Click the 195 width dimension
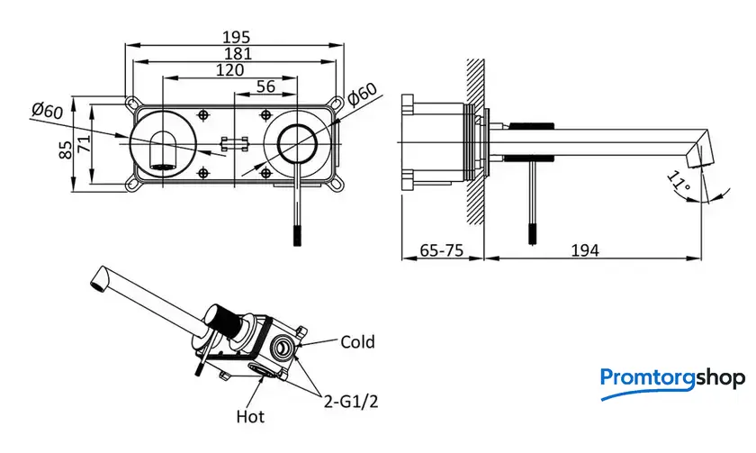pos(236,37)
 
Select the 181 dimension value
pos(238,53)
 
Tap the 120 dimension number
pos(229,70)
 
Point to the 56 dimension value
pos(265,86)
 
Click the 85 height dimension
pos(66,149)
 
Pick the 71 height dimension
pos(84,144)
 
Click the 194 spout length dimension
pos(585,250)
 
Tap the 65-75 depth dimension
pos(442,250)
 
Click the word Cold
pos(357,342)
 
